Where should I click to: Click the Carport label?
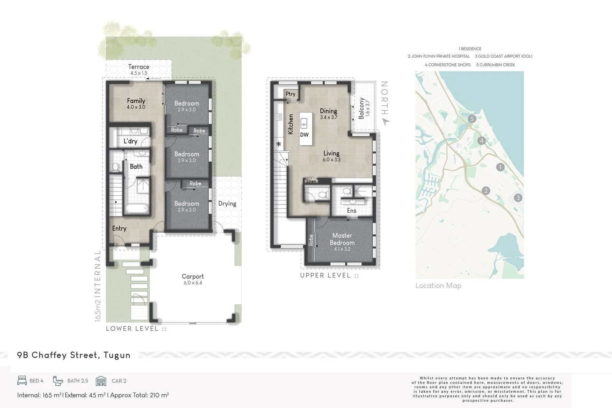click(193, 276)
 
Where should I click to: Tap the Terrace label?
click(139, 67)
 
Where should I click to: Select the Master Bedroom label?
click(342, 239)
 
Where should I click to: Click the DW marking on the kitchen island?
click(304, 135)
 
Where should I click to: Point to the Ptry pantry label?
click(290, 94)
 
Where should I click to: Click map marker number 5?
click(472, 119)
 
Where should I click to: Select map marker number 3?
click(518, 198)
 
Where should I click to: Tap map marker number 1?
click(500, 167)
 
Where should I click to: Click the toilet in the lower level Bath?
click(115, 167)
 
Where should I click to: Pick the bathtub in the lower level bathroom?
click(136, 208)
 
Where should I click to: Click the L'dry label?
click(130, 141)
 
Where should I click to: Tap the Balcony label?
click(361, 108)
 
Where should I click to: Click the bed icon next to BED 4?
click(22, 380)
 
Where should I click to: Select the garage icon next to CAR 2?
click(101, 381)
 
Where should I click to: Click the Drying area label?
click(227, 204)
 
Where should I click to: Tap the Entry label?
click(119, 228)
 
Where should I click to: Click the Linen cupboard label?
click(312, 181)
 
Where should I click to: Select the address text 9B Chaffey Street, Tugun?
click(74, 355)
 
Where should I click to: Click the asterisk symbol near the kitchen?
click(279, 145)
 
